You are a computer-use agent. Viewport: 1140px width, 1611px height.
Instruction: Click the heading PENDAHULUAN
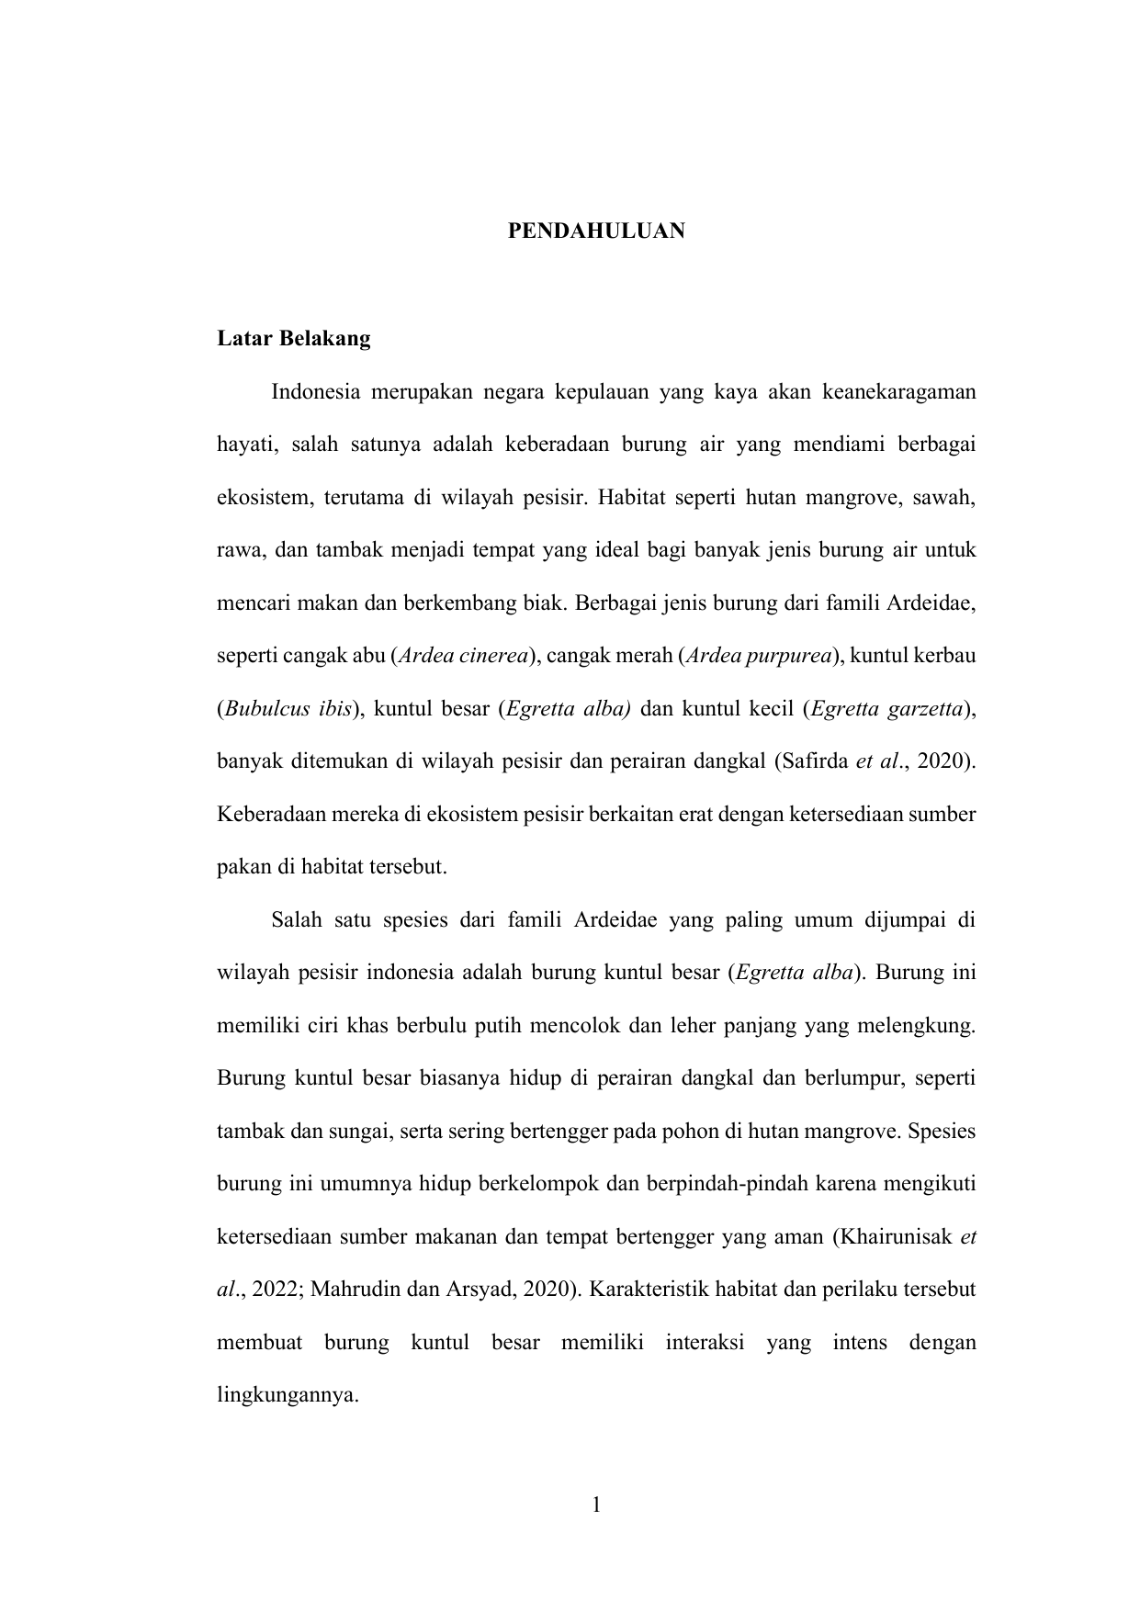pos(596,231)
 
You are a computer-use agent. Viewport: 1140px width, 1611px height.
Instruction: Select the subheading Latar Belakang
pos(294,339)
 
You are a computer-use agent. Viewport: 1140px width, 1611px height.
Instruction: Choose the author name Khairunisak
pos(895,1237)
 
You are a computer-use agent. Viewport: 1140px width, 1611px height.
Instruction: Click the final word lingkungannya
pos(287,1396)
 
